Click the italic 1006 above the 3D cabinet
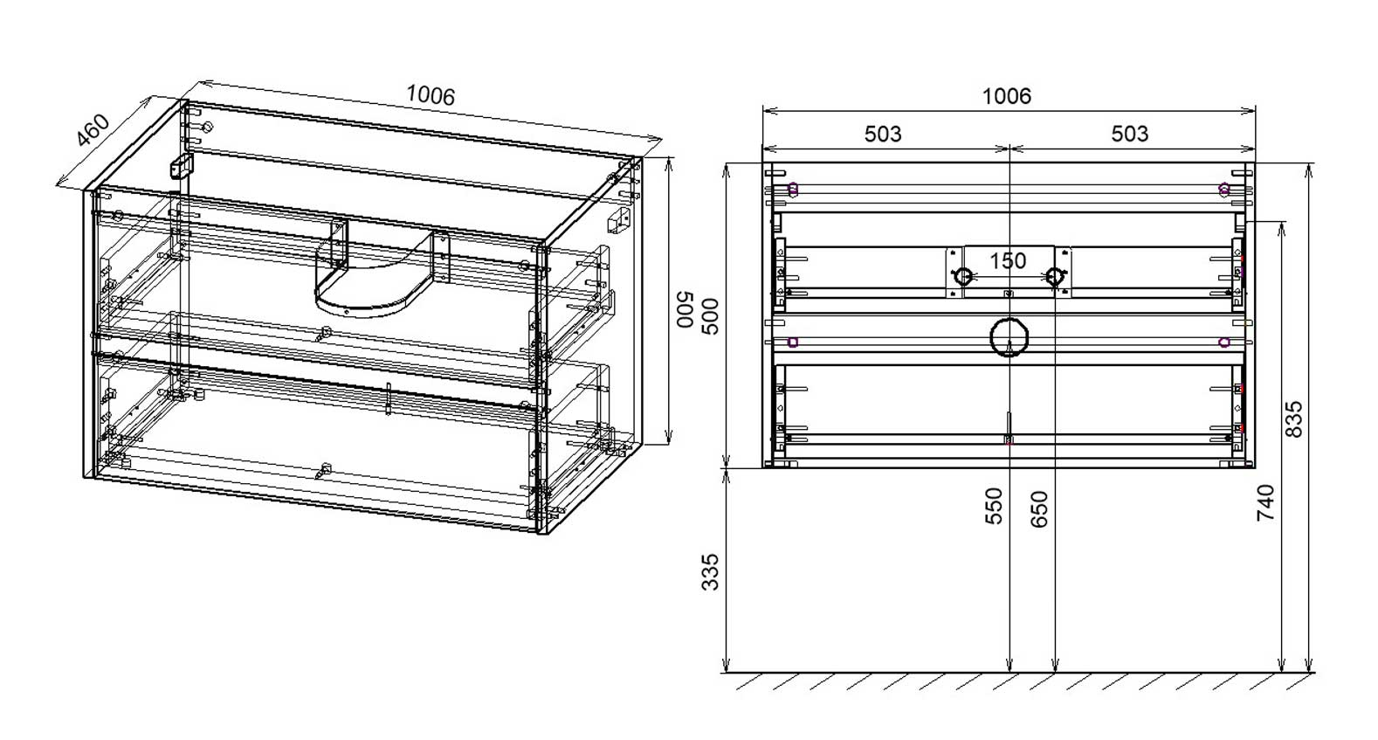pyautogui.click(x=431, y=95)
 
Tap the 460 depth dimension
pyautogui.click(x=93, y=130)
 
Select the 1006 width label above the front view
pyautogui.click(x=1007, y=96)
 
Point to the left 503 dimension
pyautogui.click(x=883, y=134)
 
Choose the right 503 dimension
pyautogui.click(x=1129, y=134)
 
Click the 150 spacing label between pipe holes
pyautogui.click(x=1008, y=260)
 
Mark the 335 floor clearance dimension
pyautogui.click(x=710, y=572)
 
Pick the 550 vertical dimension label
pyautogui.click(x=994, y=506)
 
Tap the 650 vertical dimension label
pyautogui.click(x=1038, y=509)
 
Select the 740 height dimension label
pyautogui.click(x=1265, y=503)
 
